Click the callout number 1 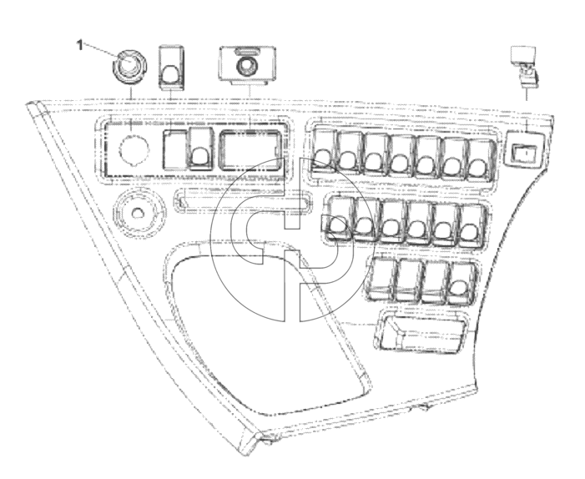click(79, 45)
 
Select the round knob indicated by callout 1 click(129, 67)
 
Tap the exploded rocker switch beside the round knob click(172, 68)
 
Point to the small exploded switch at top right click(525, 67)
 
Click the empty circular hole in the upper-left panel click(134, 149)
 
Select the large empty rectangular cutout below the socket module click(250, 150)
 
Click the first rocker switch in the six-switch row click(339, 218)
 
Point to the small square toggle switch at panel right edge click(524, 149)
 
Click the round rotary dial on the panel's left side click(139, 213)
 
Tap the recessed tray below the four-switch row click(422, 332)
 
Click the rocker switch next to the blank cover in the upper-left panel click(200, 148)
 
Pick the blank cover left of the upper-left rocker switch click(175, 149)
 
